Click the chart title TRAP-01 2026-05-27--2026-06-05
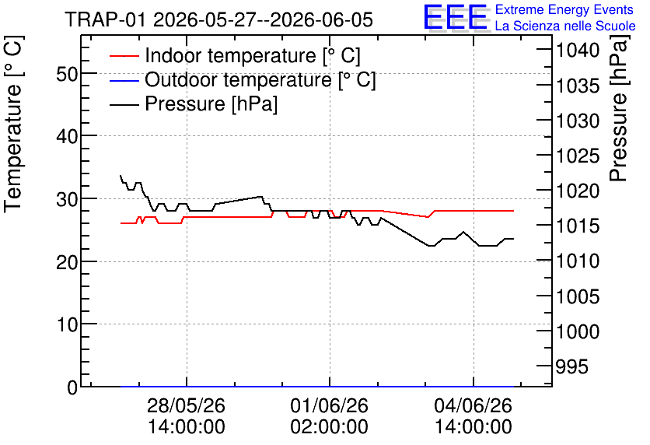(x=219, y=19)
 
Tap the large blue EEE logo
(x=455, y=17)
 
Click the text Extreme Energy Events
(x=564, y=9)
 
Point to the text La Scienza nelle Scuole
(x=565, y=26)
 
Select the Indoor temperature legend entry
(x=235, y=55)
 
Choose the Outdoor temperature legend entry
(x=243, y=79)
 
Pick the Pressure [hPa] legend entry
(x=194, y=103)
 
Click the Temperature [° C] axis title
(x=13, y=124)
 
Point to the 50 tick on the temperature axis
(x=67, y=75)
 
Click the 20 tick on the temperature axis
(x=67, y=262)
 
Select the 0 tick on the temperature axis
(x=72, y=387)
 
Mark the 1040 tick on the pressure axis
(x=578, y=51)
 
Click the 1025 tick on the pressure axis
(x=578, y=156)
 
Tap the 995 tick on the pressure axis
(x=571, y=366)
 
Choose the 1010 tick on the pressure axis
(x=578, y=261)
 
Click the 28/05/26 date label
(x=186, y=405)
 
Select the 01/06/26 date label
(x=329, y=405)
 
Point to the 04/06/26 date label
(x=473, y=405)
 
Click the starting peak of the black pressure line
(x=121, y=176)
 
